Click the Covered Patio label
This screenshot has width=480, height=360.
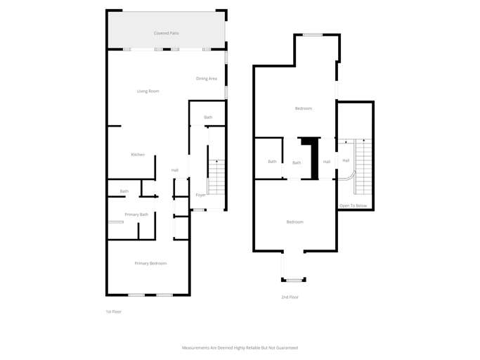pos(166,33)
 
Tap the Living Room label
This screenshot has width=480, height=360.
pos(148,91)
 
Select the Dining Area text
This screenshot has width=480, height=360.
pos(206,79)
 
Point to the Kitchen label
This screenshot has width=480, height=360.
pos(138,155)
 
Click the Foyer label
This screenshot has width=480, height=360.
pos(200,195)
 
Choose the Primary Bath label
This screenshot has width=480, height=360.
pos(136,214)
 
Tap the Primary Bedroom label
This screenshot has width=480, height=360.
pos(150,263)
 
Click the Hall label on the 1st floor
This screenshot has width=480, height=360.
pos(175,170)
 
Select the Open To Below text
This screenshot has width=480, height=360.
pos(353,206)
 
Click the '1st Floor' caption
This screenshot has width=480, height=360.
pos(113,311)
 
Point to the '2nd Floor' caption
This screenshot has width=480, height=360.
pos(290,297)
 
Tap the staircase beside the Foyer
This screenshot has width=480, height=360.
pos(216,177)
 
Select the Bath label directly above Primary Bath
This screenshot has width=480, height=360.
pos(124,191)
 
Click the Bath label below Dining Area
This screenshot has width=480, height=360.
pos(208,117)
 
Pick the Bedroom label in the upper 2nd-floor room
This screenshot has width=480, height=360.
pos(303,108)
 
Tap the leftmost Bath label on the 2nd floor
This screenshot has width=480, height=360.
pos(272,162)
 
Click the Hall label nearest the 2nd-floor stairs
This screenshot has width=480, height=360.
pos(346,160)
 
